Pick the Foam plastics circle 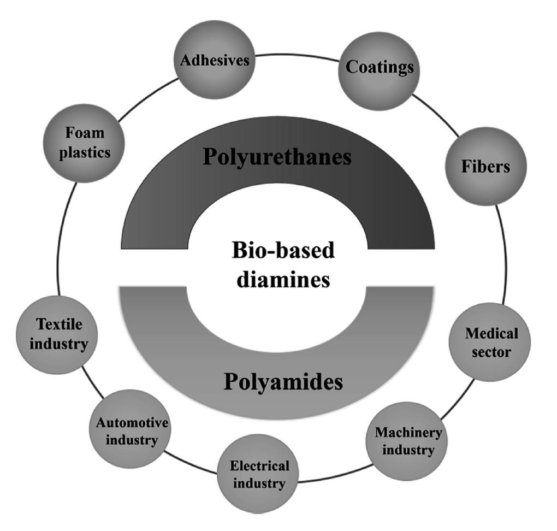coord(85,143)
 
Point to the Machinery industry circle coord(408,441)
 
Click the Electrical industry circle coord(259,474)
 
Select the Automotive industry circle coord(132,430)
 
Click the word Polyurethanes coord(277,157)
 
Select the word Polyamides coord(283,382)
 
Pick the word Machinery coord(408,433)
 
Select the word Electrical coord(259,466)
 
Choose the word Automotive coord(132,422)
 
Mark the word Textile coord(59,324)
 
